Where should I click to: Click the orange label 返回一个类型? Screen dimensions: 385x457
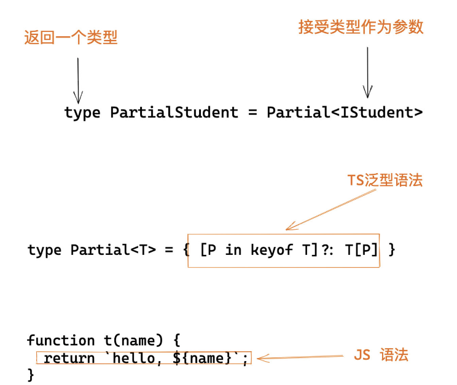click(x=70, y=37)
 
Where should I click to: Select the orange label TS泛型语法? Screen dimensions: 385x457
click(x=385, y=181)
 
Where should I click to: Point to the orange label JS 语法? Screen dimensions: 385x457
click(x=381, y=355)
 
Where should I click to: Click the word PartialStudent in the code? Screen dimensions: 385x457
click(x=174, y=112)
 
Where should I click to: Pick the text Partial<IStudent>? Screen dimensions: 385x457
click(x=345, y=112)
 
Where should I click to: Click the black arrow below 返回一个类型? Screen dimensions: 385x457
click(x=78, y=80)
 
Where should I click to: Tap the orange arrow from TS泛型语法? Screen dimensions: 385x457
click(x=332, y=209)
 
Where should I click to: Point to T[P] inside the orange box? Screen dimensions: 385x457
click(x=362, y=250)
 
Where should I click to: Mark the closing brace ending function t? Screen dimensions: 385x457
click(x=31, y=375)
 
